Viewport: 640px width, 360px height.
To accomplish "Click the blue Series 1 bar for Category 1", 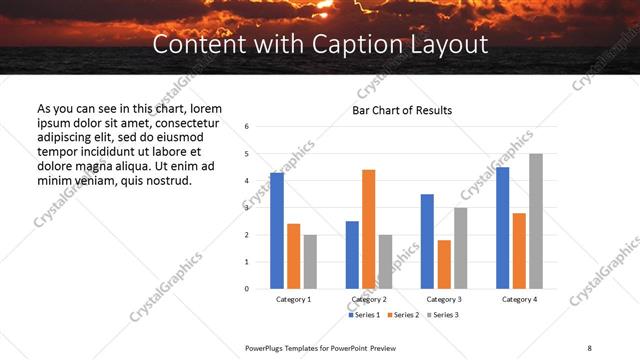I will [277, 231].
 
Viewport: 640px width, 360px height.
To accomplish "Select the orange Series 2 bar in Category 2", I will [368, 229].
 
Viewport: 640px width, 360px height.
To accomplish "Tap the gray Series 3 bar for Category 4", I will [536, 221].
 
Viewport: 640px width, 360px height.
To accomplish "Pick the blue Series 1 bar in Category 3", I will [427, 241].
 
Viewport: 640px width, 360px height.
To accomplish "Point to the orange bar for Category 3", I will [444, 264].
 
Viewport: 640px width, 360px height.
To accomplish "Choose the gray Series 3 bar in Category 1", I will [310, 262].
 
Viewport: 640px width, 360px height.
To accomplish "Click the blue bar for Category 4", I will [502, 228].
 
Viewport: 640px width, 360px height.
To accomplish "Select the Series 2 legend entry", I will [402, 315].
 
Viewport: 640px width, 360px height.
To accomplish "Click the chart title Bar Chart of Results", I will [402, 110].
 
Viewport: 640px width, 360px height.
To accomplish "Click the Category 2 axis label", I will [368, 299].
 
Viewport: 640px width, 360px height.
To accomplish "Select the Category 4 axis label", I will [519, 299].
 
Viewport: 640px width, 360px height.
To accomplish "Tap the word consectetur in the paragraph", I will [188, 122].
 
